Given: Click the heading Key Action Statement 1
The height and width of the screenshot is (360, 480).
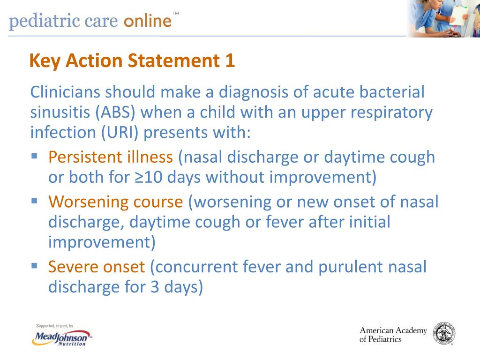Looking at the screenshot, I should pyautogui.click(x=132, y=61).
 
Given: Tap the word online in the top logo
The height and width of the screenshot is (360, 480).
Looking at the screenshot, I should pyautogui.click(x=147, y=21).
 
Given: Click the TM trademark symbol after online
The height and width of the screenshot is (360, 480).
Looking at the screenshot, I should pyautogui.click(x=176, y=13).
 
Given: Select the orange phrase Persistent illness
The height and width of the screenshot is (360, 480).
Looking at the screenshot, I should pyautogui.click(x=111, y=157).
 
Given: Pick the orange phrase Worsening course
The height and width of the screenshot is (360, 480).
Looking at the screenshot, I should pyautogui.click(x=116, y=202).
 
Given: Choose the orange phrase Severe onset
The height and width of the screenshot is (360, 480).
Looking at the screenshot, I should pyautogui.click(x=97, y=267).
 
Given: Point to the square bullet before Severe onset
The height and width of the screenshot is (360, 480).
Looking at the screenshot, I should pyautogui.click(x=34, y=265).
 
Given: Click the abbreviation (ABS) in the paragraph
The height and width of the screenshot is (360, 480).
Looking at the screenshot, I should pyautogui.click(x=117, y=112).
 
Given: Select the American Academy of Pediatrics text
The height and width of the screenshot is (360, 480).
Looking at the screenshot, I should pyautogui.click(x=393, y=335).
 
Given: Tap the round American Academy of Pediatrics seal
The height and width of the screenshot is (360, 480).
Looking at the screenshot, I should pyautogui.click(x=443, y=334).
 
